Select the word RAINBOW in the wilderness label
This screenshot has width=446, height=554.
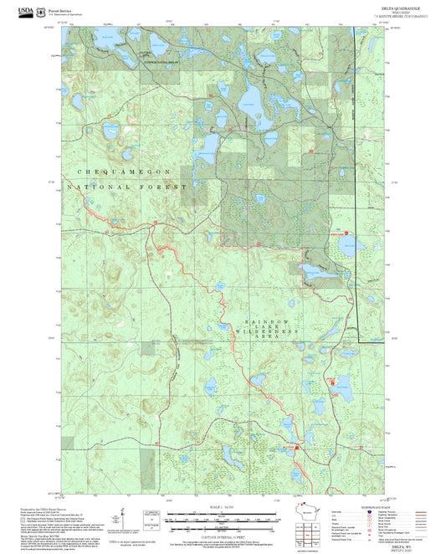267,321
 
